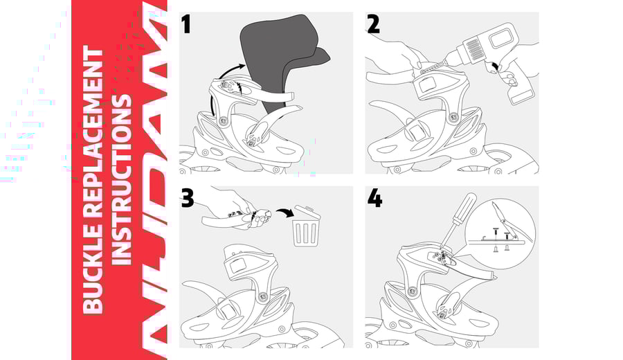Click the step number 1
(x=186, y=24)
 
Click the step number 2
(x=374, y=24)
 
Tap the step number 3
(x=187, y=198)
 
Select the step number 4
(x=374, y=198)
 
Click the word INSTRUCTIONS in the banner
(x=122, y=180)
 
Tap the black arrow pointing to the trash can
(x=285, y=213)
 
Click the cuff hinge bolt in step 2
(x=453, y=117)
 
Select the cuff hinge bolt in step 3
(x=262, y=297)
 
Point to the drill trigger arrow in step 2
(x=495, y=66)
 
